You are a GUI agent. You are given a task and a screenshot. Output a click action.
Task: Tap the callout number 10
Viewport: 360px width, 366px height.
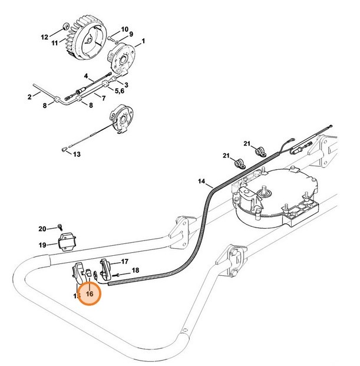tap(125, 29)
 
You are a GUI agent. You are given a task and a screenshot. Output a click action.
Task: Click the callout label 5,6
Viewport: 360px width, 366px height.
tap(119, 91)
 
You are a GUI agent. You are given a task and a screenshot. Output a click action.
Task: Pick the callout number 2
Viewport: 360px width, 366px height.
tap(29, 96)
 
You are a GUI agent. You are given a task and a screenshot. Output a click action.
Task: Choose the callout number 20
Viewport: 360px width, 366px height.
tap(42, 228)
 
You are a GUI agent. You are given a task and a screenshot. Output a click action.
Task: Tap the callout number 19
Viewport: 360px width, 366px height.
tap(42, 245)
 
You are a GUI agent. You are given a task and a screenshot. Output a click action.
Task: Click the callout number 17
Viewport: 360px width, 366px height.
tap(125, 261)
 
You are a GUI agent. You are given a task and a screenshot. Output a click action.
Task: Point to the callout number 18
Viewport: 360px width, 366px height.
tap(136, 270)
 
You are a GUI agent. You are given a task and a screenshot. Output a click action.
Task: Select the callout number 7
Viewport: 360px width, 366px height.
tap(104, 98)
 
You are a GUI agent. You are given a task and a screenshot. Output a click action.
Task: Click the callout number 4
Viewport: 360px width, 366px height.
tap(86, 76)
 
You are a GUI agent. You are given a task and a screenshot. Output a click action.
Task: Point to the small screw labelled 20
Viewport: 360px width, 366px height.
tap(60, 227)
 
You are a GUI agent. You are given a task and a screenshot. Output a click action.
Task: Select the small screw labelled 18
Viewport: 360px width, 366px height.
tap(120, 275)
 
